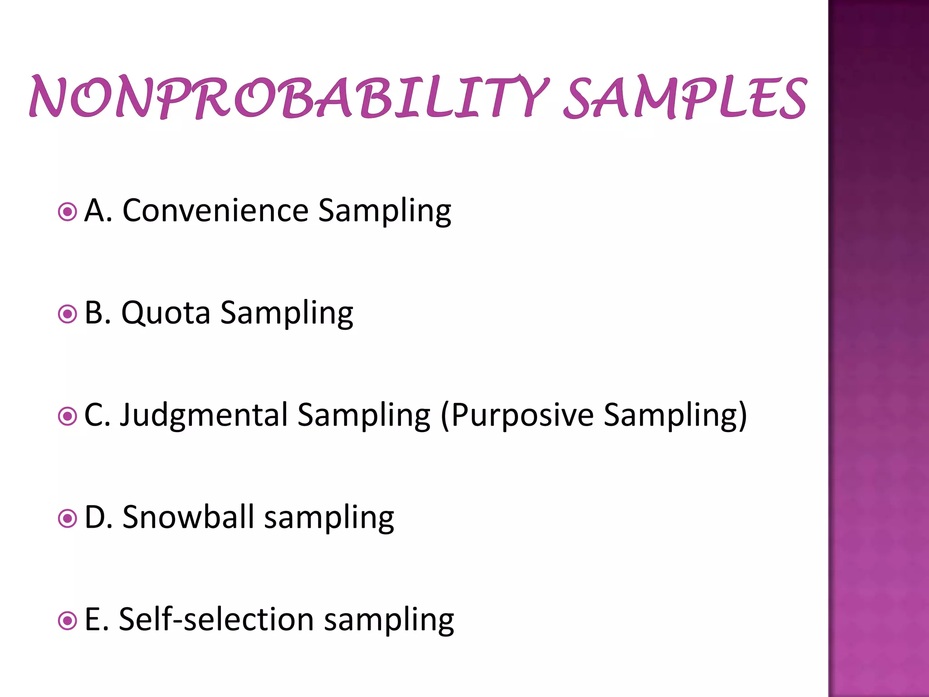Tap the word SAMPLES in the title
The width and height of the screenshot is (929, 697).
(x=685, y=97)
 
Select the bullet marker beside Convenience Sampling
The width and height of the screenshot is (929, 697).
(x=68, y=212)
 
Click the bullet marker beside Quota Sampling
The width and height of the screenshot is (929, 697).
(x=68, y=314)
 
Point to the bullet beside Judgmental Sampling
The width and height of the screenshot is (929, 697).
(x=68, y=416)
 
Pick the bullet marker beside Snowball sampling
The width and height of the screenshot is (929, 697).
(x=68, y=518)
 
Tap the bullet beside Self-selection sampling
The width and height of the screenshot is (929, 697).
(x=68, y=620)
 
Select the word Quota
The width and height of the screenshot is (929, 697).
(x=166, y=313)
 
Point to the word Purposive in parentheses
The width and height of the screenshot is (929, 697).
(x=522, y=415)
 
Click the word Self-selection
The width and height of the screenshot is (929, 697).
(x=216, y=619)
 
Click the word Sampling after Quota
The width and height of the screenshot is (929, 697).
(x=287, y=314)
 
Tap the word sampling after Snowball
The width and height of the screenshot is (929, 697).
(x=329, y=518)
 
